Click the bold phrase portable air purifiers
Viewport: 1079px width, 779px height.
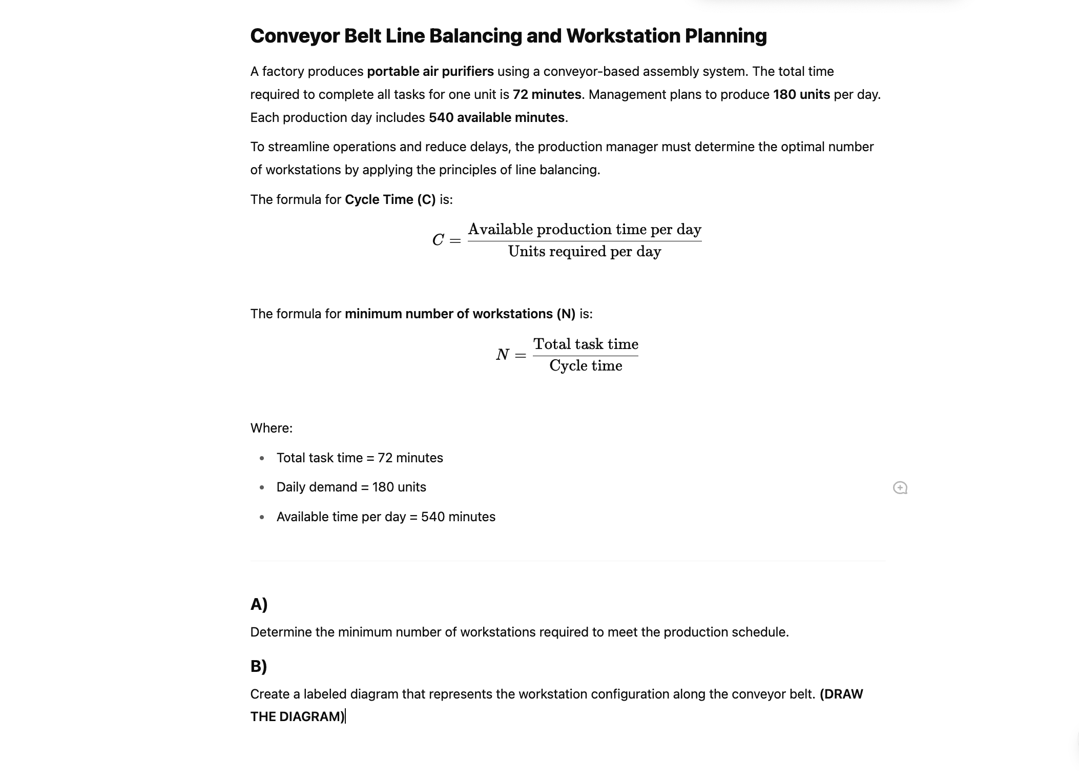point(430,71)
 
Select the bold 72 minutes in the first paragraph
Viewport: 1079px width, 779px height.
point(547,94)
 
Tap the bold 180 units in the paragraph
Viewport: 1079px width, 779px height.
point(801,94)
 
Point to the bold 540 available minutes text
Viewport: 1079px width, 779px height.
point(496,117)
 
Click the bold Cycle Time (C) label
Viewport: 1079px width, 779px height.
point(390,199)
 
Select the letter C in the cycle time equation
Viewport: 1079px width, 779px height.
point(438,240)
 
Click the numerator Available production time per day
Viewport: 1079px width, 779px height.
point(584,229)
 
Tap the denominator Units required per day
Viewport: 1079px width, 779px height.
point(584,252)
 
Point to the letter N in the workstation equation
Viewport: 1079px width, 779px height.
point(502,355)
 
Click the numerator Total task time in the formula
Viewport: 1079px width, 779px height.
point(586,344)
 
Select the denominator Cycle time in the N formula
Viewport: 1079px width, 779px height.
point(586,366)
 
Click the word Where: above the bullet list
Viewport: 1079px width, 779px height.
point(271,428)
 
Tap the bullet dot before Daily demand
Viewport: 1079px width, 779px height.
point(262,487)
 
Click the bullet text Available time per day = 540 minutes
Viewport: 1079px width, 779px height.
point(386,517)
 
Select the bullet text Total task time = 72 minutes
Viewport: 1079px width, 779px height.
point(360,458)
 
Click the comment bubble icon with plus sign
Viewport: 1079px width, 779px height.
point(900,487)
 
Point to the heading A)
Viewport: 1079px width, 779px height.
point(259,604)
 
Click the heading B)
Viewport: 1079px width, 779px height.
point(258,666)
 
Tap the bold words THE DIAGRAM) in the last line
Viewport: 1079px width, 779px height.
point(297,716)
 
